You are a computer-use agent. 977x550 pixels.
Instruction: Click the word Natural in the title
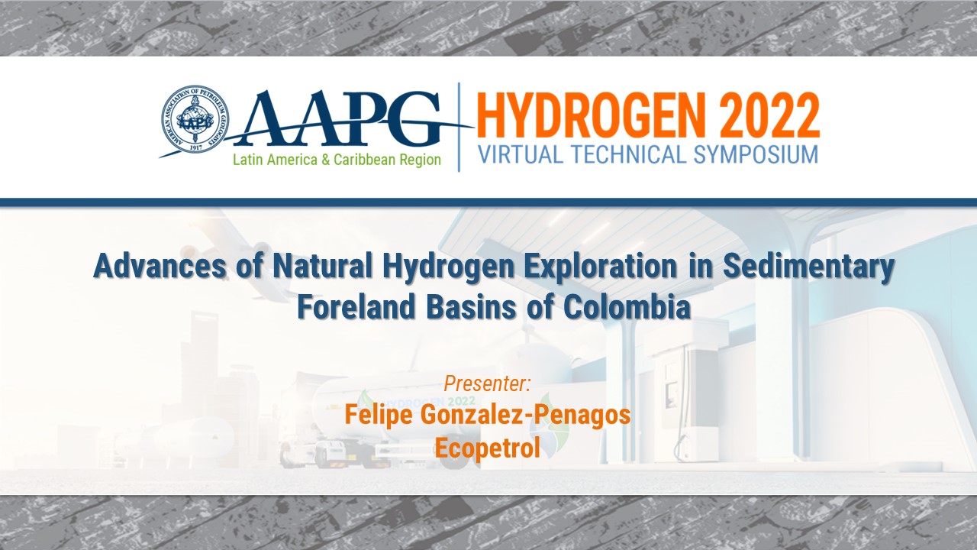(x=320, y=268)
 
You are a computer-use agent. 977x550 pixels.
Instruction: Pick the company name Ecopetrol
(x=487, y=448)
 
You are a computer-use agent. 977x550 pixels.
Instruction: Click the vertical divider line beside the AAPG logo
(x=459, y=127)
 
